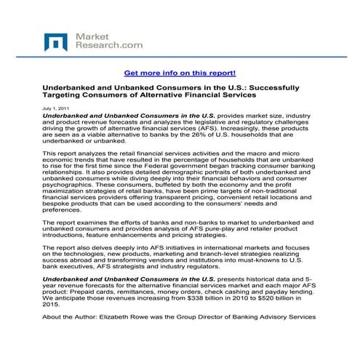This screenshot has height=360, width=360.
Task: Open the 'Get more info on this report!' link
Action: (x=180, y=73)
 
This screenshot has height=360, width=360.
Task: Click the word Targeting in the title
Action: (x=67, y=96)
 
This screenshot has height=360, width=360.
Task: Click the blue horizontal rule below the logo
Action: (x=180, y=58)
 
